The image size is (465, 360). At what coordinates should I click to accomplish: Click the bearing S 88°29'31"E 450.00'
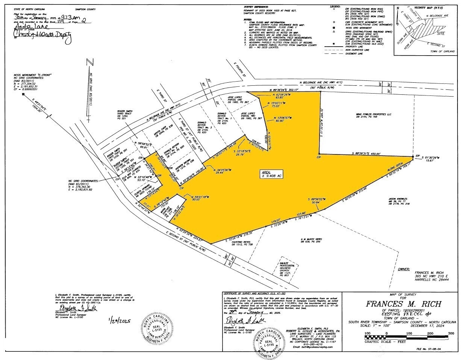pyautogui.click(x=364, y=154)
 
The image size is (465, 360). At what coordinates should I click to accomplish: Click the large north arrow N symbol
pyautogui.click(x=89, y=62)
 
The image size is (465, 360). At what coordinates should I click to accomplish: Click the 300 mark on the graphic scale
pyautogui.click(x=451, y=333)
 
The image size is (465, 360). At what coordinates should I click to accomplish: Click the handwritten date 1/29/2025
pyautogui.click(x=119, y=321)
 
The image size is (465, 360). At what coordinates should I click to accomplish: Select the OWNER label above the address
pyautogui.click(x=404, y=269)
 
